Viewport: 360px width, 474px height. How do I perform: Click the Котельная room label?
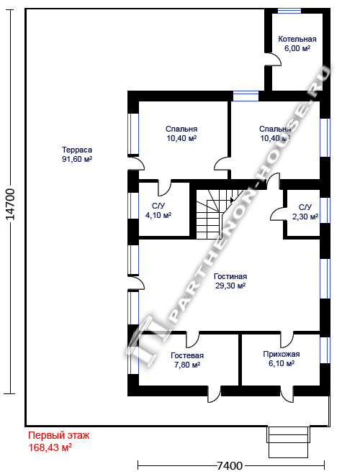click(x=297, y=39)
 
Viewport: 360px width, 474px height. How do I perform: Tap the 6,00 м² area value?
click(x=297, y=48)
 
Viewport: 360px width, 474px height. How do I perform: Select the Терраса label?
click(x=77, y=150)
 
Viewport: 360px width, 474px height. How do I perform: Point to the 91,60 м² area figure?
click(x=77, y=159)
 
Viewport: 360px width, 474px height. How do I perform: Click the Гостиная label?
click(x=230, y=276)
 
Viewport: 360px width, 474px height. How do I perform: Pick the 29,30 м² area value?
click(x=230, y=286)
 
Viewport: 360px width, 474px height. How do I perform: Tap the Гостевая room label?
click(x=187, y=355)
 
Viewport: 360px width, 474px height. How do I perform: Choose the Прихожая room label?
click(x=282, y=354)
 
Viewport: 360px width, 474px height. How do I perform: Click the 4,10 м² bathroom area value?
click(x=158, y=215)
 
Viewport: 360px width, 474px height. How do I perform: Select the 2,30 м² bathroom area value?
click(x=305, y=217)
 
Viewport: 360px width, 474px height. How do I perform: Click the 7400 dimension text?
click(x=230, y=465)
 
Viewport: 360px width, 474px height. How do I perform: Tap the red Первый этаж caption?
click(x=59, y=435)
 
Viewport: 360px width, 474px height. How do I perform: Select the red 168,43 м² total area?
click(x=50, y=447)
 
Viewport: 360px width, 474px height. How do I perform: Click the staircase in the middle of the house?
click(x=218, y=214)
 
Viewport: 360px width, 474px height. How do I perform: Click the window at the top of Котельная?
click(x=289, y=11)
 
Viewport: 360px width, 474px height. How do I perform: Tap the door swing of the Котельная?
click(x=273, y=59)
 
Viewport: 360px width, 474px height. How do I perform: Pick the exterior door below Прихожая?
click(x=287, y=394)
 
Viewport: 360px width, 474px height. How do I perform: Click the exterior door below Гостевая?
click(x=214, y=394)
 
